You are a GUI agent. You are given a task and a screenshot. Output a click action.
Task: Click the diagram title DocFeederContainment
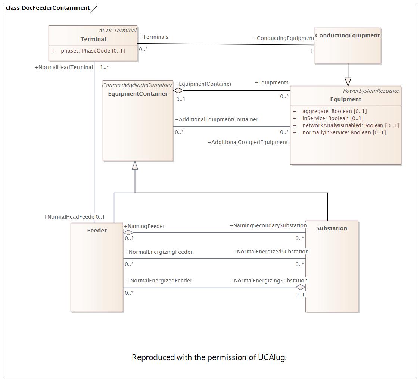(x=56, y=8)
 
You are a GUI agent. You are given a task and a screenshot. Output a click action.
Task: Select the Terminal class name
(x=93, y=39)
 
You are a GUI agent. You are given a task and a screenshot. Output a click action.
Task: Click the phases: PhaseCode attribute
(x=93, y=51)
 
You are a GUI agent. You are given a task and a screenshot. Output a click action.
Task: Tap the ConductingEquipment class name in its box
(x=347, y=35)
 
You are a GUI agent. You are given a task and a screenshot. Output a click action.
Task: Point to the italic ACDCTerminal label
(x=117, y=31)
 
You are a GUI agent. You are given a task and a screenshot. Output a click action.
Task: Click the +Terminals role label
(x=154, y=37)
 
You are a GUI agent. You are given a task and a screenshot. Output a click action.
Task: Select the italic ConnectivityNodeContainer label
(x=137, y=85)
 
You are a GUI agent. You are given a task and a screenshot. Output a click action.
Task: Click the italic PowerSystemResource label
(x=371, y=91)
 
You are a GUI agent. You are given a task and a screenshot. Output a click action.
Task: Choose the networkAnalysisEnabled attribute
(x=350, y=125)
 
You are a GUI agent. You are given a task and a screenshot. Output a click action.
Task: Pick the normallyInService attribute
(x=344, y=132)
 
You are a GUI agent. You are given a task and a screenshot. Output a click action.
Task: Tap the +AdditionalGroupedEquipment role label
(x=248, y=142)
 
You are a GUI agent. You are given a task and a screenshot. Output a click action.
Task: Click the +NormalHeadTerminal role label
(x=64, y=68)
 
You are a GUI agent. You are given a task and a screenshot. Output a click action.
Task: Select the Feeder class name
(x=97, y=231)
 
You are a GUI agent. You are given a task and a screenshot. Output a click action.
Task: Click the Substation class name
(x=332, y=228)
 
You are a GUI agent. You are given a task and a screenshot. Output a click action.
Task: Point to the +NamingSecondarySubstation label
(x=268, y=225)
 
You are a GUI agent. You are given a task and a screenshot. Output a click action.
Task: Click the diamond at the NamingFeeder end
(x=128, y=232)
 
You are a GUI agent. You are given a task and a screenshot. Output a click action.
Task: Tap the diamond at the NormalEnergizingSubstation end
(x=301, y=287)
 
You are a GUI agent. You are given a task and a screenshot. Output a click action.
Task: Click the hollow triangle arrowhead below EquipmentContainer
(x=135, y=166)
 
